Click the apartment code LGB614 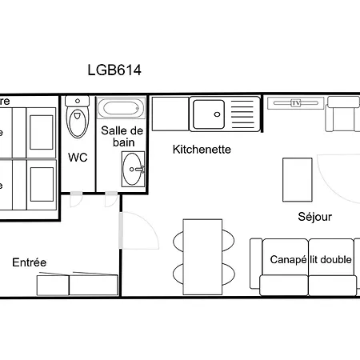[114, 70]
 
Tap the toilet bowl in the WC [78, 123]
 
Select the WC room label [78, 158]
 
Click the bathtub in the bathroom [121, 109]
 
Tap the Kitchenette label [202, 149]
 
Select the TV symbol [295, 102]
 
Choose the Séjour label [314, 217]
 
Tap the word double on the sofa [338, 260]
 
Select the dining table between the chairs [202, 254]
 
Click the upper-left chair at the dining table [179, 240]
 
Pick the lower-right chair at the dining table [226, 271]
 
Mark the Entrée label [30, 262]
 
